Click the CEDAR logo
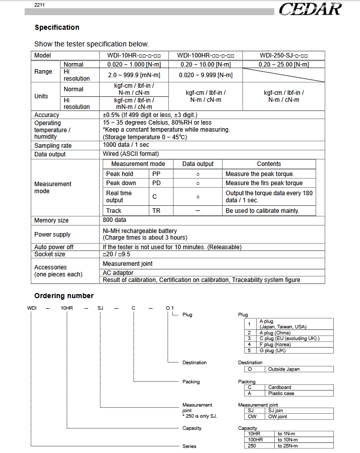coord(310,9)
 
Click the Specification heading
coord(57,27)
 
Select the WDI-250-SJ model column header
coord(284,55)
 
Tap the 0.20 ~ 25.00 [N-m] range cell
coord(284,65)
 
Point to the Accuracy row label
coord(47,115)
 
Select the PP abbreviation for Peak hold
coord(156,174)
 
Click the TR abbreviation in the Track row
coord(156,211)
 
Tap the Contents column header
coord(269,164)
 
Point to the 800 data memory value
coord(114,220)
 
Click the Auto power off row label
coord(54,247)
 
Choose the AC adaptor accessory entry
coord(118,273)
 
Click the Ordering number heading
coord(64,296)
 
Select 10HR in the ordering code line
coord(67,308)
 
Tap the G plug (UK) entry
coord(272,350)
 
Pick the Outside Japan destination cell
coord(284,369)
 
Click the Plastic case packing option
coord(281,393)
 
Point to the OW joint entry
coord(277,417)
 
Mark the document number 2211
coord(40,5)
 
